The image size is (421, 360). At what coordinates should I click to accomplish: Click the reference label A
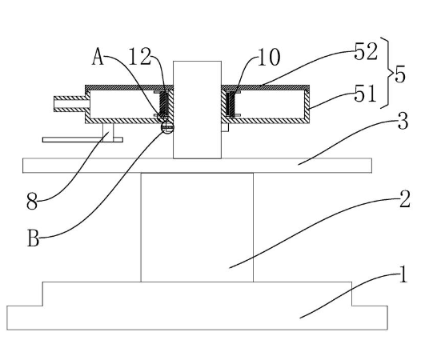tap(98, 57)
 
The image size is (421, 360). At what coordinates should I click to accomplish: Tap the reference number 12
tap(139, 56)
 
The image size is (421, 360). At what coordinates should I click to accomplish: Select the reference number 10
tap(269, 57)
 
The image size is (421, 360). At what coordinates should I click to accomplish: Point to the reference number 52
tap(366, 51)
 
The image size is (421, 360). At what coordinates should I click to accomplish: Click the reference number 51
tap(365, 94)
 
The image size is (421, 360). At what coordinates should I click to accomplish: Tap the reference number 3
tap(403, 122)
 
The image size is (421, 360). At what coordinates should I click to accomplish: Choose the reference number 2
tap(405, 199)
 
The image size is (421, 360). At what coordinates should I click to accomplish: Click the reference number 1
tap(403, 274)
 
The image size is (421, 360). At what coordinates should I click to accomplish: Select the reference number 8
tap(32, 201)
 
